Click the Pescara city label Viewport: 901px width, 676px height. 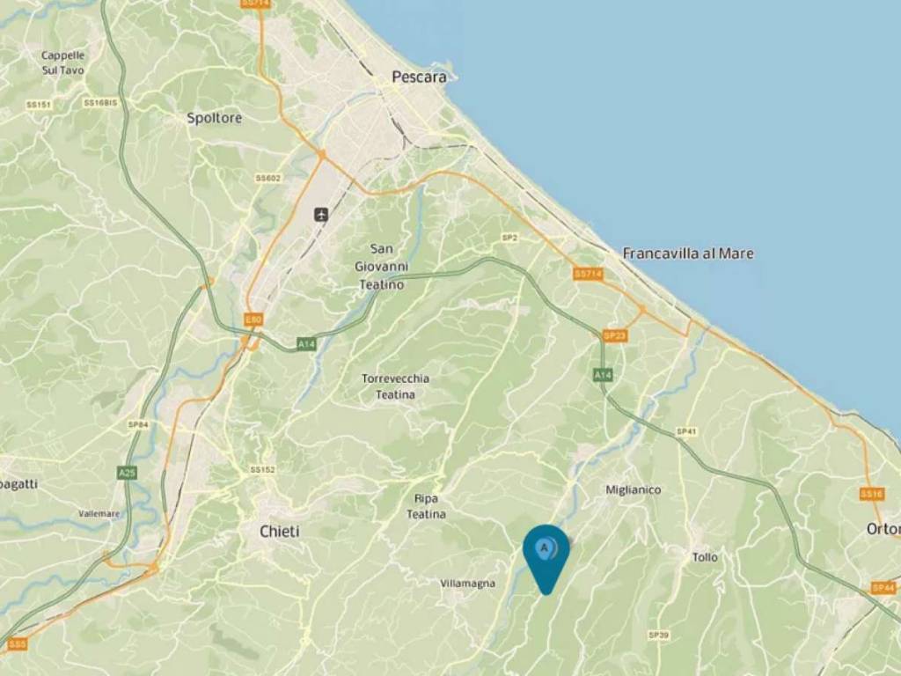click(x=419, y=77)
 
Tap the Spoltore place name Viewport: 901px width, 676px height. click(x=214, y=117)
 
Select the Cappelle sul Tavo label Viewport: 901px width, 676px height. click(x=62, y=62)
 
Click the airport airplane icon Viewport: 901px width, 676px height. click(x=321, y=214)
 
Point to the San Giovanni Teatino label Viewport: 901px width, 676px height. click(x=381, y=267)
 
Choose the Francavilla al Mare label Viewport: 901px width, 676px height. click(x=688, y=253)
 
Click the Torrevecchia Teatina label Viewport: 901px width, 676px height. click(x=395, y=386)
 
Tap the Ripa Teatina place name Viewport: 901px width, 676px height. click(x=426, y=506)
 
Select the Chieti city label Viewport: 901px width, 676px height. click(x=279, y=532)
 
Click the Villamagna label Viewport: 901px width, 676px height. click(x=467, y=583)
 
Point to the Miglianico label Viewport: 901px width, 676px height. click(x=634, y=489)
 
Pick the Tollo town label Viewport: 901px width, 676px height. click(x=705, y=557)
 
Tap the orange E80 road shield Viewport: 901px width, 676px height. click(x=253, y=320)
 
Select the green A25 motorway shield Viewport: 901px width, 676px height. click(x=128, y=473)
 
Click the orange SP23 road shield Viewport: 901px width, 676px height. click(x=614, y=335)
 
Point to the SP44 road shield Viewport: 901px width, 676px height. click(x=883, y=587)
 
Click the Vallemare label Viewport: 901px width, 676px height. click(x=99, y=513)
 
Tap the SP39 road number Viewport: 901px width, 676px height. click(x=658, y=635)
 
